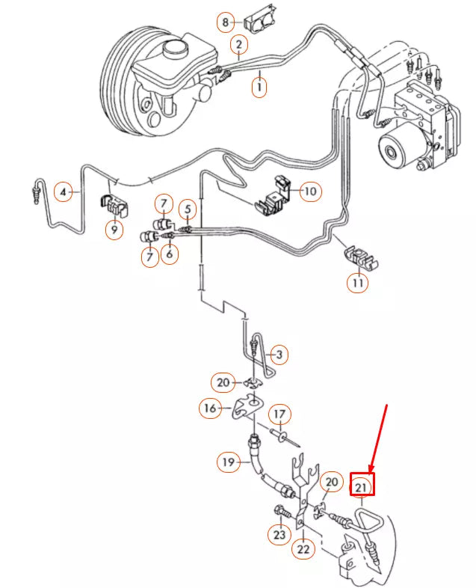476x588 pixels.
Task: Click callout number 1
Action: [259, 88]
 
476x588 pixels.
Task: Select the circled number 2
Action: [238, 46]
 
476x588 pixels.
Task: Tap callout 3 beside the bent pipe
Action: [279, 353]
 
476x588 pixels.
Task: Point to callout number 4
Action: [65, 192]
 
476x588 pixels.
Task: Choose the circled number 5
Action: [188, 209]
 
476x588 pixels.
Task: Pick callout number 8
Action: [226, 22]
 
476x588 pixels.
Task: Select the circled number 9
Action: [114, 230]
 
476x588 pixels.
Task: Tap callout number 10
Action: [309, 192]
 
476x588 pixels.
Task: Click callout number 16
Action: [209, 408]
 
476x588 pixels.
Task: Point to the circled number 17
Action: [279, 414]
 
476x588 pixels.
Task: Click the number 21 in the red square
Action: [362, 487]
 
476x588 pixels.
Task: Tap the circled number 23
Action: [279, 535]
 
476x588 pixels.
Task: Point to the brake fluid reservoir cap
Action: [175, 50]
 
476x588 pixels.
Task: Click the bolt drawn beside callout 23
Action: [282, 514]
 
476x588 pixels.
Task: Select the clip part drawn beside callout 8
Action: [259, 24]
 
